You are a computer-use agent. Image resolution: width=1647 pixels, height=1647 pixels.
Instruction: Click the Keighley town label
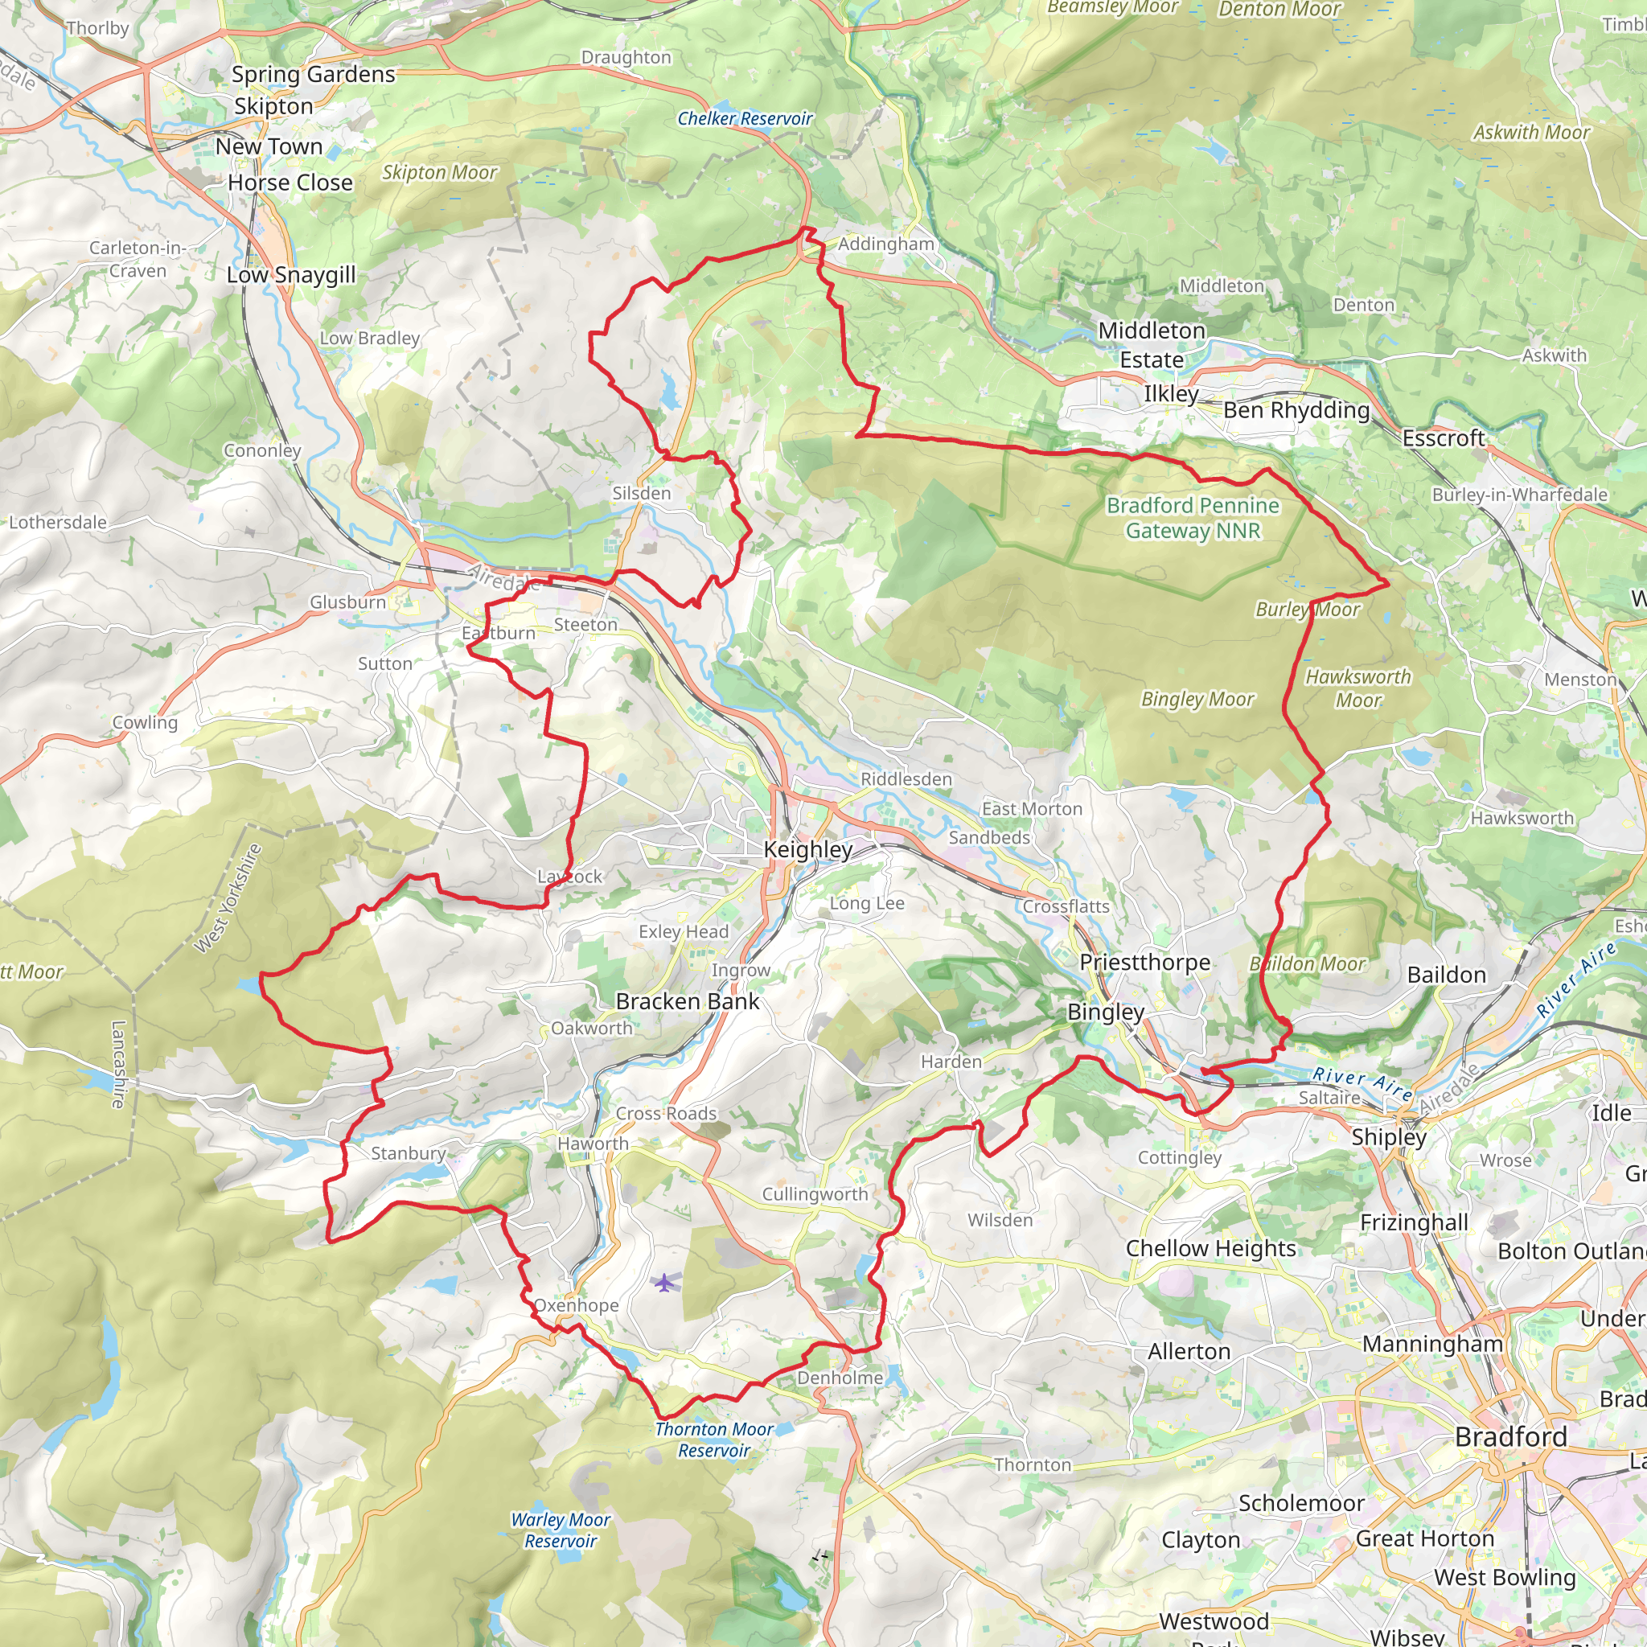point(807,849)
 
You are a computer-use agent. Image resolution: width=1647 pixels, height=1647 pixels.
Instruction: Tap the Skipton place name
point(273,107)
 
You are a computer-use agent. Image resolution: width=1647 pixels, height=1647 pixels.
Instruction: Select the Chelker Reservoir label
point(745,118)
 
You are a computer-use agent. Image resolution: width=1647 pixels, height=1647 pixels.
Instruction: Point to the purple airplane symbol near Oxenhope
point(664,1282)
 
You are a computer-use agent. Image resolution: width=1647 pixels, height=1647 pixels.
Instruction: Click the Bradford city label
point(1510,1436)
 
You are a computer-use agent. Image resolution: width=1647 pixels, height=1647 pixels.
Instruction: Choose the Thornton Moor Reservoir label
point(713,1440)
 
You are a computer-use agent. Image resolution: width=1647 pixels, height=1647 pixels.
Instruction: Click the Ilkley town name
point(1170,394)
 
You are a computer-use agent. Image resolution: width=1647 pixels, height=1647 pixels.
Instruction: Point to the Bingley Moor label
point(1197,699)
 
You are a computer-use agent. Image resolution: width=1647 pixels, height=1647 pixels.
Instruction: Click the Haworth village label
point(593,1144)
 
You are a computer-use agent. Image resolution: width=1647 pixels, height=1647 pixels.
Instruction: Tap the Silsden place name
point(641,494)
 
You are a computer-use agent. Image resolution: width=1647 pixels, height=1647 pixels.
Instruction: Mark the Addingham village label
point(885,244)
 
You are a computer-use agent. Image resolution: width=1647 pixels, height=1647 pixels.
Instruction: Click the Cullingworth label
point(814,1194)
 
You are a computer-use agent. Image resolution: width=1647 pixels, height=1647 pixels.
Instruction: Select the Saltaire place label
point(1329,1098)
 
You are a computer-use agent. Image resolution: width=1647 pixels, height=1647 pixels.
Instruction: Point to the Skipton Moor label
point(439,172)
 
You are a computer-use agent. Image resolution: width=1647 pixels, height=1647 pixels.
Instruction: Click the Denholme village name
point(840,1378)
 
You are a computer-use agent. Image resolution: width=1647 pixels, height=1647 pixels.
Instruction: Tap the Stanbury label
point(409,1153)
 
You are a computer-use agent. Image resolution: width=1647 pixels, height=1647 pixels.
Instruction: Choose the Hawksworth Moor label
point(1358,688)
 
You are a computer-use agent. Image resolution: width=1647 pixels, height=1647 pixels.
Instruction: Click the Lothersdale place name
point(58,523)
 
